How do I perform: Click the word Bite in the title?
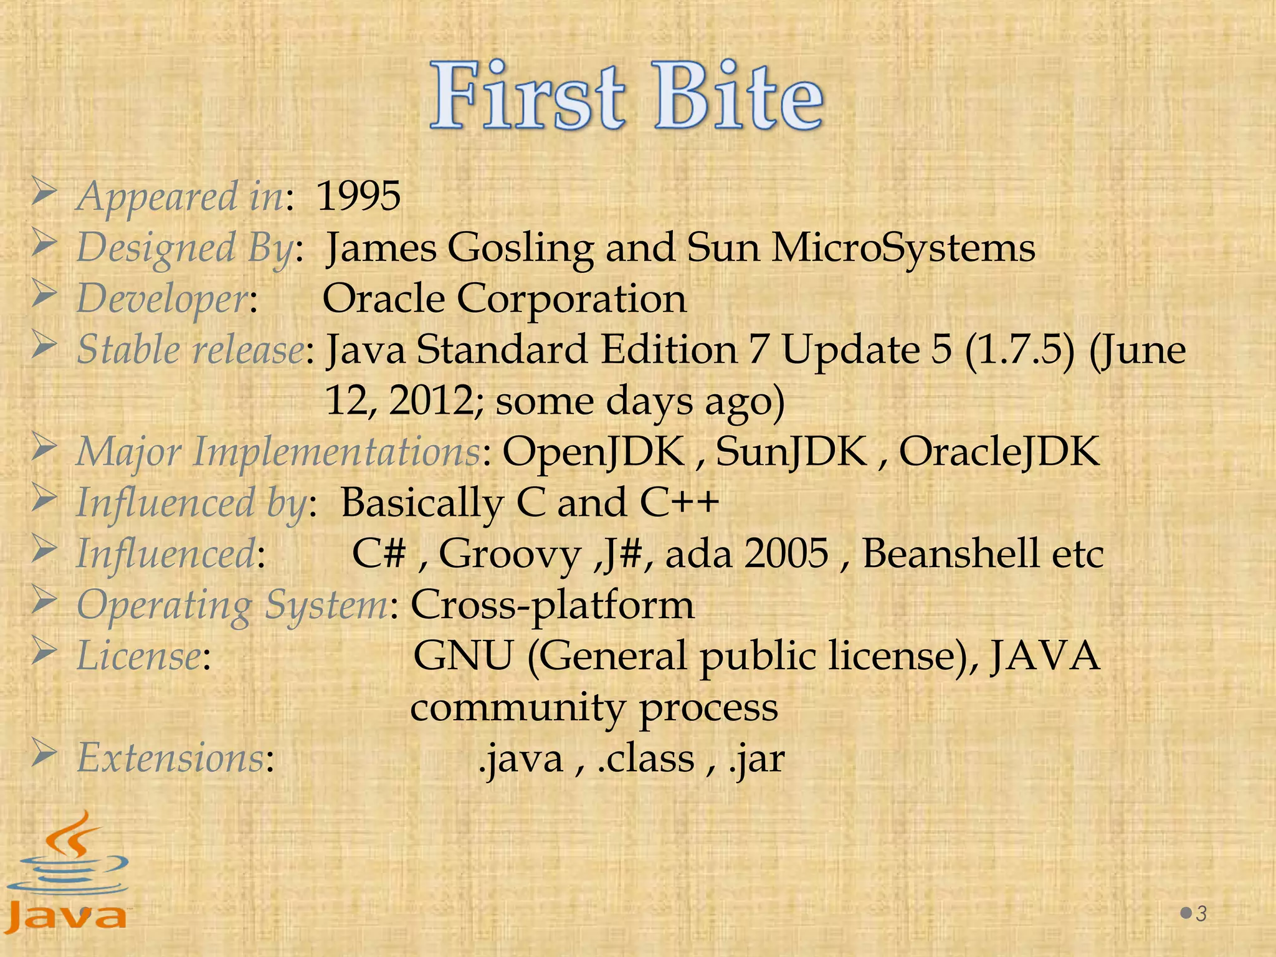(x=738, y=97)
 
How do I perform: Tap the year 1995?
(x=358, y=197)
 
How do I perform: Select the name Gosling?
(x=520, y=248)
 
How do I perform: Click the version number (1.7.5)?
(x=1020, y=350)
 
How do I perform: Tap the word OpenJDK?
(x=593, y=452)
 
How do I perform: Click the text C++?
(x=679, y=503)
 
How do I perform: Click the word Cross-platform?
(x=552, y=605)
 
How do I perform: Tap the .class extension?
(x=645, y=759)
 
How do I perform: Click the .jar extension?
(x=756, y=759)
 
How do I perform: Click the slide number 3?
(x=1201, y=914)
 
